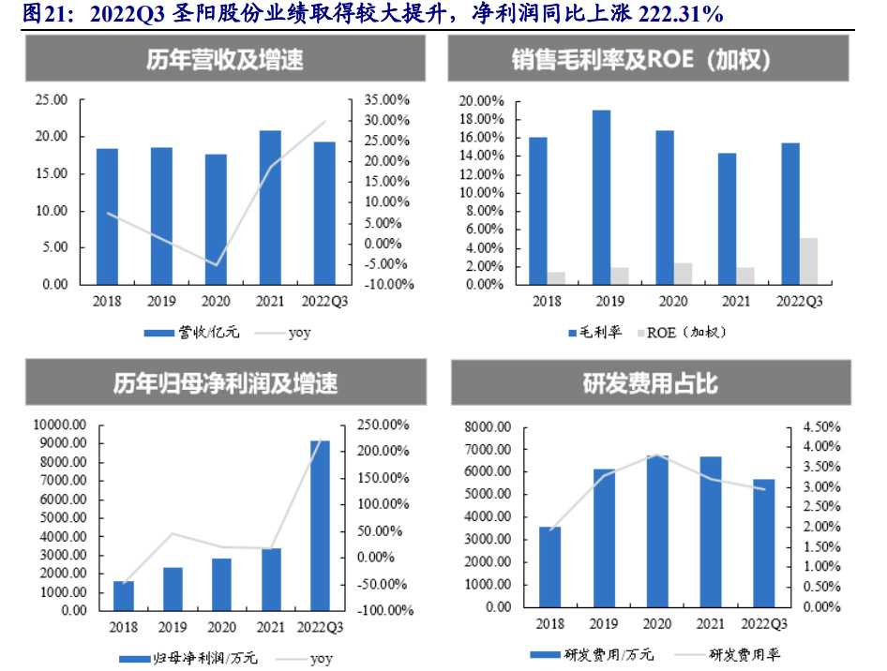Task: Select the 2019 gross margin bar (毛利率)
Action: click(x=601, y=197)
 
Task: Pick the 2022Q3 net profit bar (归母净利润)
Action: click(x=320, y=525)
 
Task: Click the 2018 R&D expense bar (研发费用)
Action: click(x=550, y=566)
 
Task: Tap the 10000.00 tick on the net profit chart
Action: click(x=58, y=425)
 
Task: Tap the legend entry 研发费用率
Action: click(x=744, y=654)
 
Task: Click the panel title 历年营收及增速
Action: click(x=224, y=61)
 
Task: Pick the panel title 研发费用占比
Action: click(x=651, y=384)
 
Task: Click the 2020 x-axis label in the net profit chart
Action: click(x=221, y=627)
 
